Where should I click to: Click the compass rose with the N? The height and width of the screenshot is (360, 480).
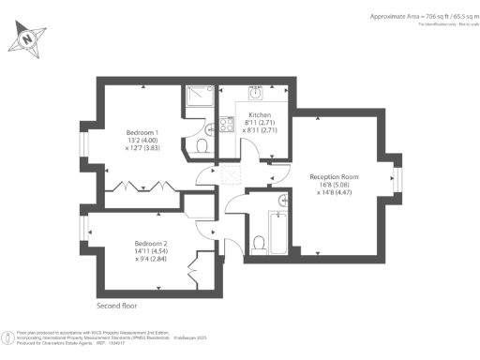[x=28, y=38]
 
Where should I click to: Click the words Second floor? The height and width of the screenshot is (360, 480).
[x=121, y=306]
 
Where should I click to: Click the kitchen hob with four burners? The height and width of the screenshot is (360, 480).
[x=226, y=124]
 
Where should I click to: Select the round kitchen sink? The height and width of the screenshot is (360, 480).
[x=254, y=94]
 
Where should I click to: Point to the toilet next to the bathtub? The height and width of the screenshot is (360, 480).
[x=259, y=244]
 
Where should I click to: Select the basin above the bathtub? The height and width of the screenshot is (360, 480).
[x=283, y=200]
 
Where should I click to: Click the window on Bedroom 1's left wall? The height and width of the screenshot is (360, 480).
[x=83, y=143]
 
